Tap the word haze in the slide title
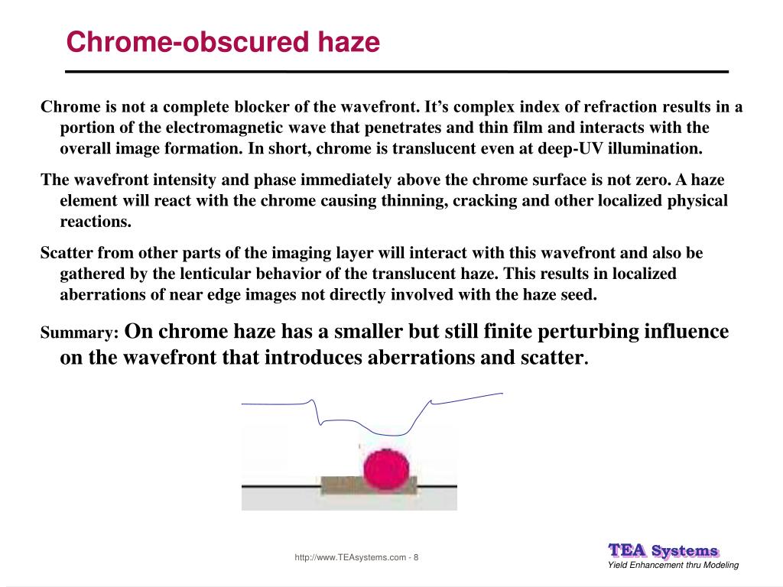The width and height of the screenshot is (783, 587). [349, 41]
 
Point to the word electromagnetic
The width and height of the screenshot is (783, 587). [224, 128]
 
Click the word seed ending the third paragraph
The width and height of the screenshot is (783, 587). [580, 294]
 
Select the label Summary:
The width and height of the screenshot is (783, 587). [80, 332]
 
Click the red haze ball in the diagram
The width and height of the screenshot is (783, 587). [386, 469]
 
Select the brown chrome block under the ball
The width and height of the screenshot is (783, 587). [369, 485]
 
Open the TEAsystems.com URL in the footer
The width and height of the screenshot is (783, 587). [350, 557]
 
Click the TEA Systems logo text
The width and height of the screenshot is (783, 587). [663, 550]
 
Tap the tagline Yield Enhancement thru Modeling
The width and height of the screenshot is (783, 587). [673, 565]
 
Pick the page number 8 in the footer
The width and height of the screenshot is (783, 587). [416, 557]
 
